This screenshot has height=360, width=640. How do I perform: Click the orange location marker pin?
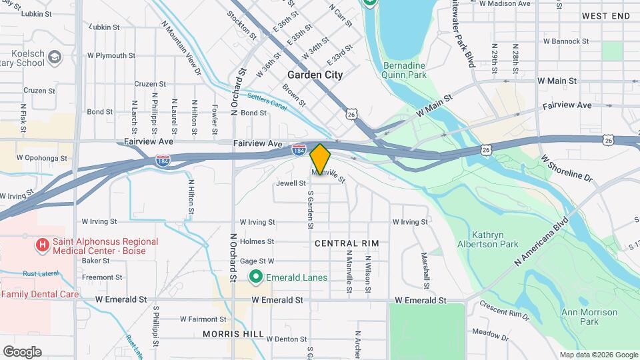[x=320, y=159]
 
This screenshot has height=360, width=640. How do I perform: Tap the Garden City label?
[x=315, y=75]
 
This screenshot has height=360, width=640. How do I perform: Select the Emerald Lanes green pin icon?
[x=255, y=277]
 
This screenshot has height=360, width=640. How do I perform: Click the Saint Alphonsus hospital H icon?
[x=43, y=246]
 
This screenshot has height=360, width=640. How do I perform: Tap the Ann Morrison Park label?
[x=589, y=317]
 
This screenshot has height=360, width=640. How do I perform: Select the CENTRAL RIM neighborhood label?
[x=347, y=243]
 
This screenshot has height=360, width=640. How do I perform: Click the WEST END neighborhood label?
[x=605, y=15]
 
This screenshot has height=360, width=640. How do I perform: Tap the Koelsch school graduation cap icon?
[x=54, y=61]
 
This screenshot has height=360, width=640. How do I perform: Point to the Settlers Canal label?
[x=267, y=101]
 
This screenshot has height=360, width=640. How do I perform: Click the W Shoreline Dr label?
[x=566, y=169]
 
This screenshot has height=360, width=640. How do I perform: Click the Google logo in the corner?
[x=21, y=352]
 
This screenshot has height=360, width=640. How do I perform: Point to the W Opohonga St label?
[x=42, y=159]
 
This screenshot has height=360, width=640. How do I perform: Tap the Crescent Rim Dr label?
[x=504, y=311]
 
